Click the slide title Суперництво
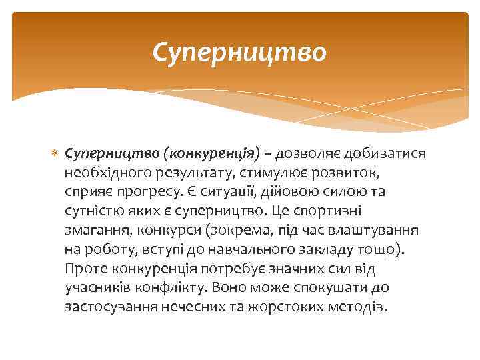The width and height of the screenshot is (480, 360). [x=239, y=51]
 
